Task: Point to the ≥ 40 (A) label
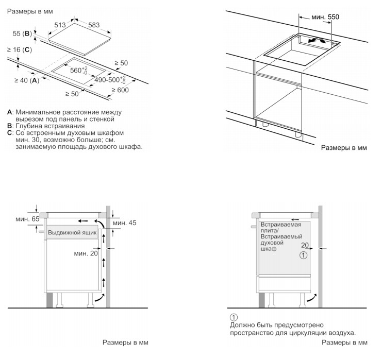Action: tap(27, 80)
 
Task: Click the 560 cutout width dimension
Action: tap(78, 71)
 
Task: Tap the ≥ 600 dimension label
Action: tap(120, 90)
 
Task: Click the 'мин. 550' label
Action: tap(325, 18)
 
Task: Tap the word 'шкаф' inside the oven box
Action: tap(269, 248)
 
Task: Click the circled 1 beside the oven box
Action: tap(304, 255)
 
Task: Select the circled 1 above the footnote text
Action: tap(234, 317)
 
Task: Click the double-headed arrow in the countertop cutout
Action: tap(314, 40)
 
